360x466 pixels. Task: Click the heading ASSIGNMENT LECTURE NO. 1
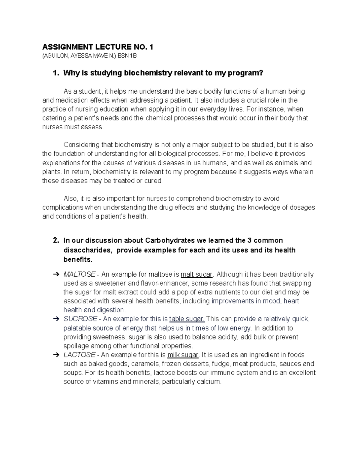[x=98, y=47]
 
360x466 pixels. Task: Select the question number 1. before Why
[x=56, y=73]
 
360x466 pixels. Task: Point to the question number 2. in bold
[x=56, y=241]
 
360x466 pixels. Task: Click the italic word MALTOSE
[x=79, y=274]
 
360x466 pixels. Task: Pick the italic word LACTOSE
[x=79, y=355]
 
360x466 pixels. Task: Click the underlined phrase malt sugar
[x=196, y=274]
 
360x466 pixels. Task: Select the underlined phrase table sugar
[x=187, y=319]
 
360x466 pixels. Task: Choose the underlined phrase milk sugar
[x=183, y=355]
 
